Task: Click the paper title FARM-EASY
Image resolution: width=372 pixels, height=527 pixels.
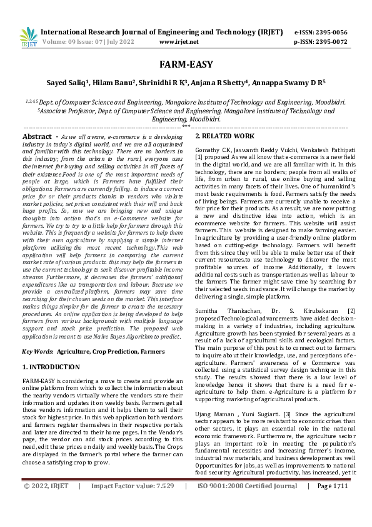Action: (186, 65)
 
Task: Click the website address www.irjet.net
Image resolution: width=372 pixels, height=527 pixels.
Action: (179, 41)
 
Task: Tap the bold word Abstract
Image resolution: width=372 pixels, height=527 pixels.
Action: (37, 136)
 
